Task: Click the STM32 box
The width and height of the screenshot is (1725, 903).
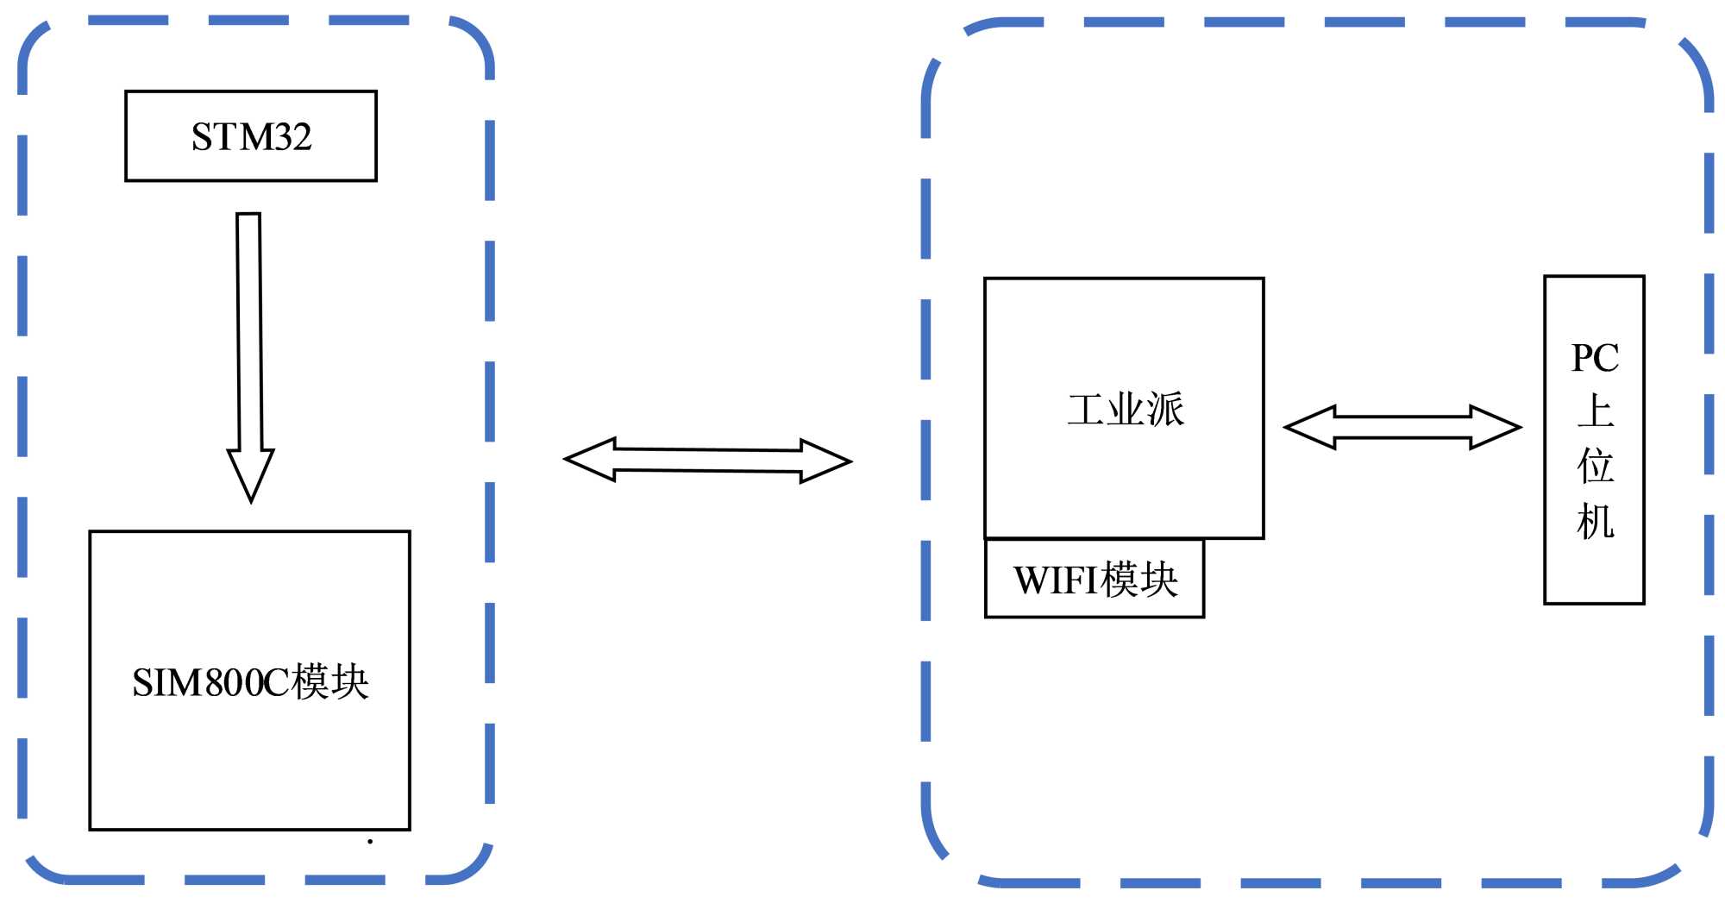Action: point(251,136)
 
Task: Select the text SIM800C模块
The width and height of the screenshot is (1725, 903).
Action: point(250,682)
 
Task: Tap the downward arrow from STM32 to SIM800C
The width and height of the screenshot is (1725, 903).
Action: point(250,345)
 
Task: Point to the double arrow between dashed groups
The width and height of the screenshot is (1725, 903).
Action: point(707,461)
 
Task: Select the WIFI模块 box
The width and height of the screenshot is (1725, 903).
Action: point(1095,579)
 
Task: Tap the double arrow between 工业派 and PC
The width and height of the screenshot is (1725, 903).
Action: point(1402,427)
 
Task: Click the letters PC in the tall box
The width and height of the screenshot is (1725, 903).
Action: point(1595,358)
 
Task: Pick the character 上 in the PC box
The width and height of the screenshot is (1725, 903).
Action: point(1595,411)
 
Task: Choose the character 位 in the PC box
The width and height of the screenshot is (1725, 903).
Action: point(1595,466)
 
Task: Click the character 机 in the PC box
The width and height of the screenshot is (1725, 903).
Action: point(1595,522)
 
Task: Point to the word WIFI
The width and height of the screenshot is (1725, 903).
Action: point(1056,580)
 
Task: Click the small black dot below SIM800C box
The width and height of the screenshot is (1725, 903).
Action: point(370,841)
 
